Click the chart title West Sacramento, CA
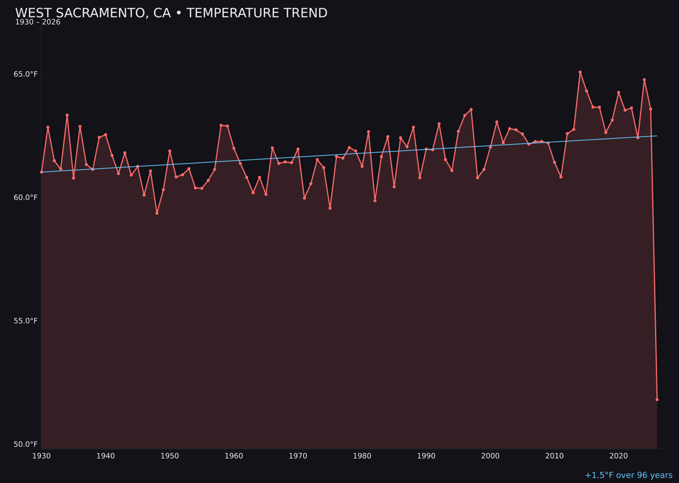(171, 13)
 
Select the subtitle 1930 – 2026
(38, 23)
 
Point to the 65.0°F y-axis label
(26, 74)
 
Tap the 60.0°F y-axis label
(26, 197)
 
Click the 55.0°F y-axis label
(26, 321)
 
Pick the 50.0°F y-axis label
(26, 444)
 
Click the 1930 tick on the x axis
(41, 456)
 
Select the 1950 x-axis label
(170, 456)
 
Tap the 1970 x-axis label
(298, 456)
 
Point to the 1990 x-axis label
(426, 456)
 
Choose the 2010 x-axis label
(555, 456)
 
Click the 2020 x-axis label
(619, 456)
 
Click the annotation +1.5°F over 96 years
(628, 475)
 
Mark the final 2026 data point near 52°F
(657, 399)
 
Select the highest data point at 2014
(580, 72)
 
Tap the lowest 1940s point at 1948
(157, 213)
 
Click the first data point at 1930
(41, 172)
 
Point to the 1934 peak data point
(67, 115)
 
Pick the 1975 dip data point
(330, 208)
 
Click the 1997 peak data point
(471, 109)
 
